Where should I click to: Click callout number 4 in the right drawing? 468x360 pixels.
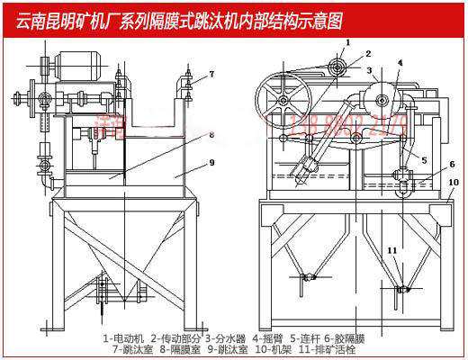click(x=400, y=63)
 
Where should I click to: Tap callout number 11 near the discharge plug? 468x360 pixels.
click(x=391, y=249)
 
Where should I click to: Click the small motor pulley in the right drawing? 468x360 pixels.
click(x=338, y=65)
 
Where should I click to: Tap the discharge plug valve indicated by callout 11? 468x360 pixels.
click(x=402, y=289)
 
